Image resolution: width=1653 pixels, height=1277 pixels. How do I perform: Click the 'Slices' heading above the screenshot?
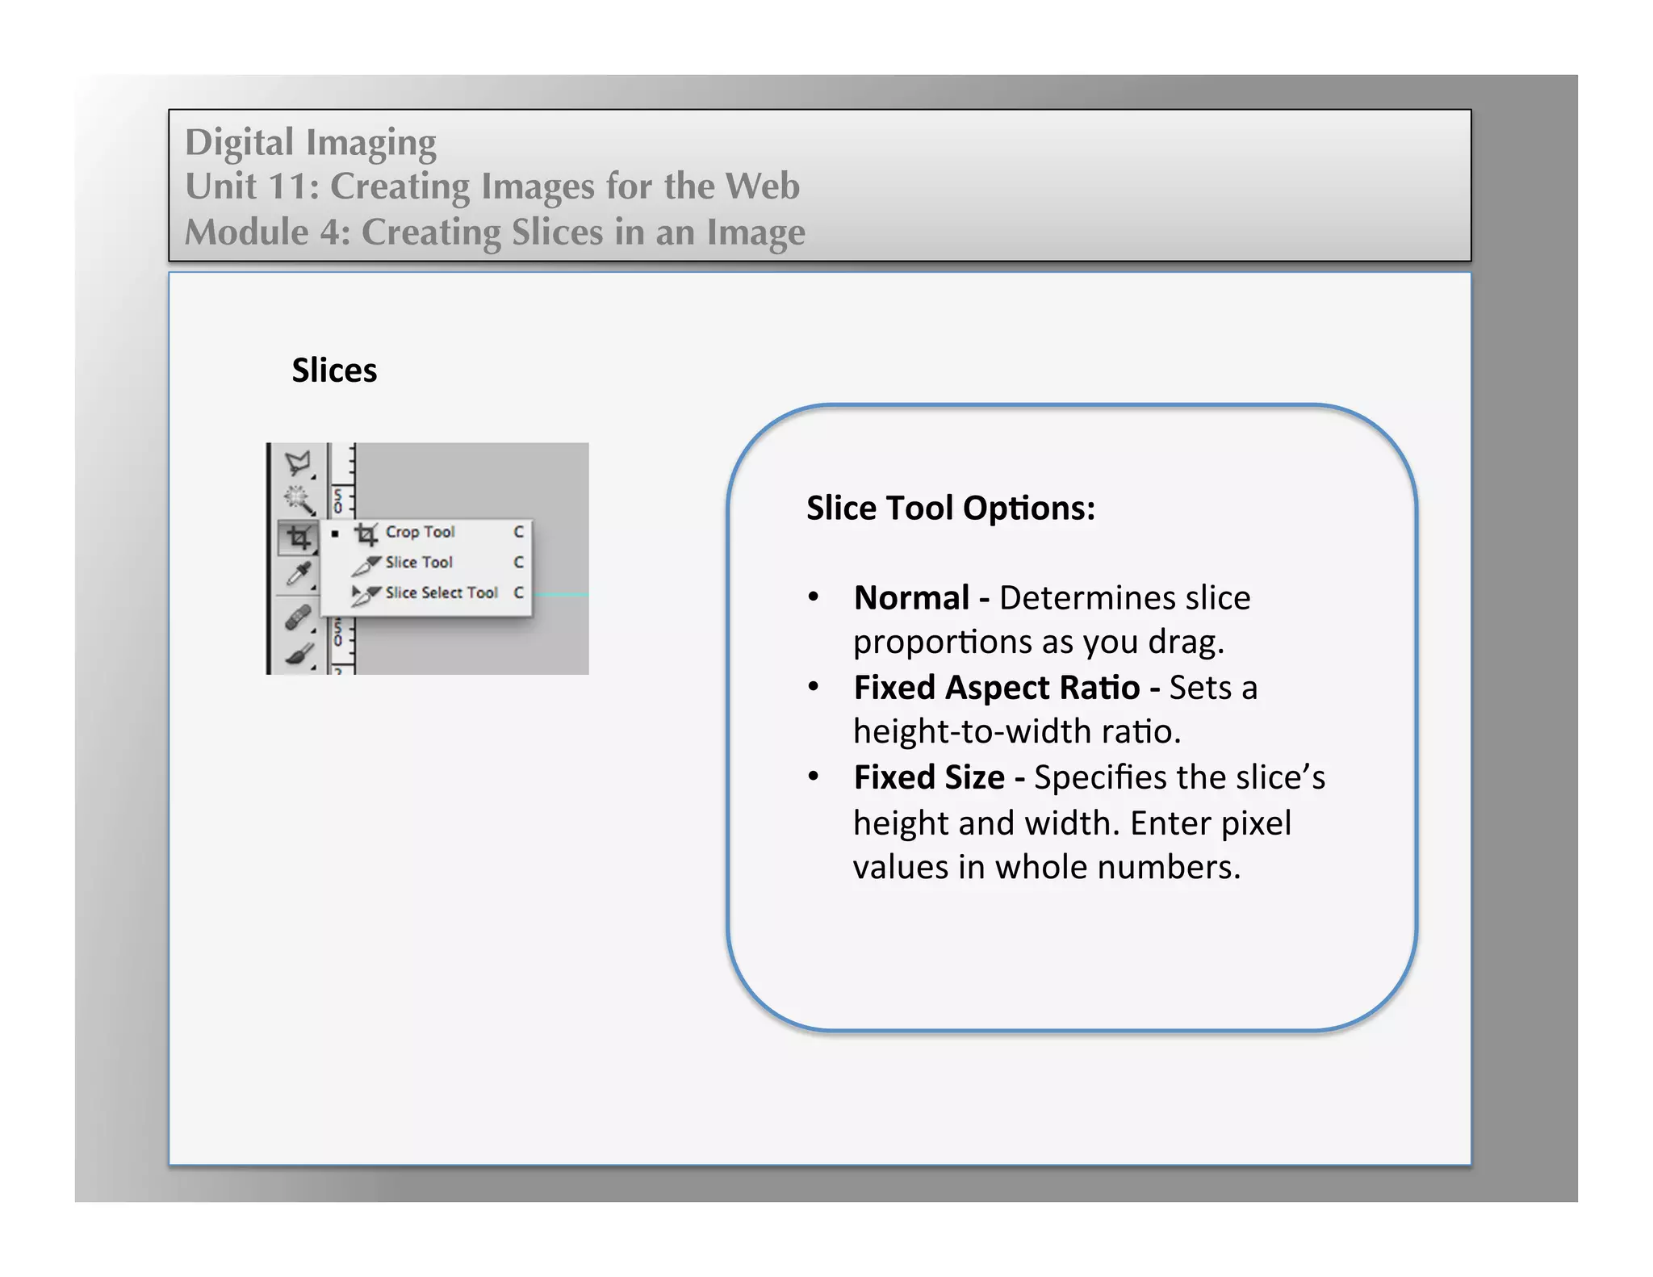(x=334, y=371)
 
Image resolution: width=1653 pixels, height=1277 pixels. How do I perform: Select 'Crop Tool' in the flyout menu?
(x=420, y=532)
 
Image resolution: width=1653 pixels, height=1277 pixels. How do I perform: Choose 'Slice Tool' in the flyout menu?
(x=418, y=563)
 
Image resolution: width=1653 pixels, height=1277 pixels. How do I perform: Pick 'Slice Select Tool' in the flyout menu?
(x=441, y=592)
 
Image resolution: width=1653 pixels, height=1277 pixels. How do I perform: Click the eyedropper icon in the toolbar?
(x=298, y=575)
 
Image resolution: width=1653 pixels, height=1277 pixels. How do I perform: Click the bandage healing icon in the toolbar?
(x=298, y=618)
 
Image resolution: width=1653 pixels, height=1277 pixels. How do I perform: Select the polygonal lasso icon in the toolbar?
(x=298, y=463)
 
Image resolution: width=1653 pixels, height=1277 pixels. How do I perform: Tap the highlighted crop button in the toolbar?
(x=298, y=538)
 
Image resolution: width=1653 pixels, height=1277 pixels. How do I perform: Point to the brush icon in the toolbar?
(x=298, y=655)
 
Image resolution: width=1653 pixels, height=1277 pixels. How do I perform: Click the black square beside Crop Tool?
(x=335, y=534)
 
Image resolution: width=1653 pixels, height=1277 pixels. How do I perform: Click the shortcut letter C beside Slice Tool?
(x=518, y=563)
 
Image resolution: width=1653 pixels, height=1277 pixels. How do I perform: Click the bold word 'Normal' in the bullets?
(x=911, y=598)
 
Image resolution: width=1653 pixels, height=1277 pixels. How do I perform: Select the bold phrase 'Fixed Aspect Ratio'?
(x=997, y=688)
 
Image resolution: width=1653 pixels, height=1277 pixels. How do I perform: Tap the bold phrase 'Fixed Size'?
(x=929, y=777)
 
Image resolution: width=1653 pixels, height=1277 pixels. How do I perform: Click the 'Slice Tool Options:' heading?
(x=951, y=509)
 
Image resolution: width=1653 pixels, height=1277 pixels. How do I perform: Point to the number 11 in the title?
(x=287, y=186)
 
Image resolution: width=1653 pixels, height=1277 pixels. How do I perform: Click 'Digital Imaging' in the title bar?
(x=311, y=142)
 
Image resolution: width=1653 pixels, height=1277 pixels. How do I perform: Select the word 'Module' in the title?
(x=246, y=232)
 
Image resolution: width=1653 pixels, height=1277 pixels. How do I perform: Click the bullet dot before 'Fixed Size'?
(x=814, y=777)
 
